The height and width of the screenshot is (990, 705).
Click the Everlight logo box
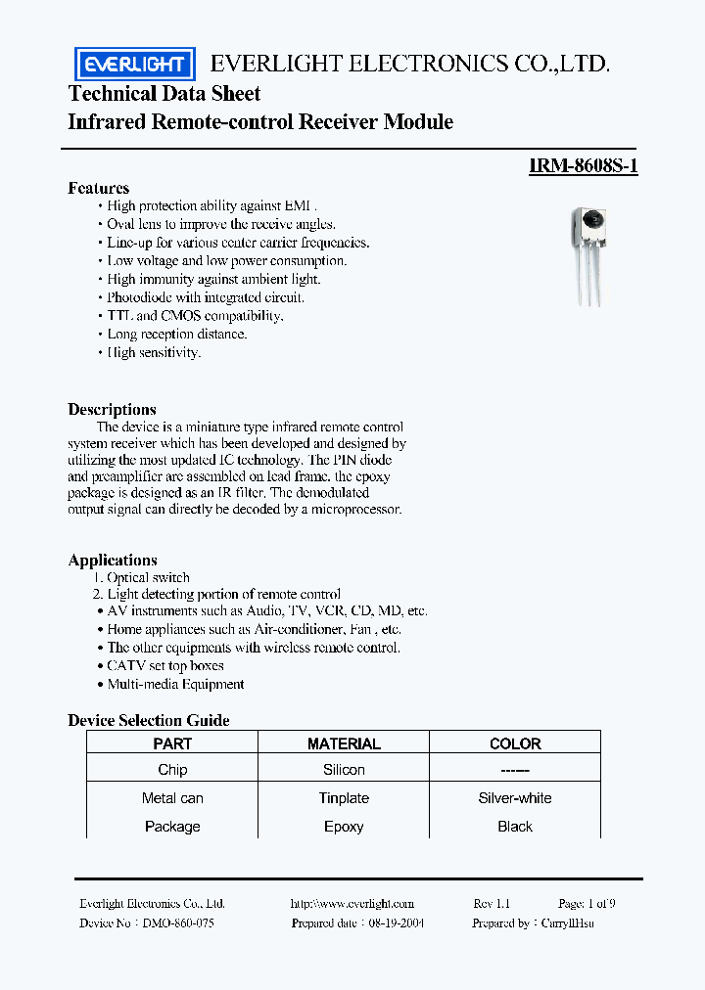coord(135,65)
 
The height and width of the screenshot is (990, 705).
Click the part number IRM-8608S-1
coord(584,166)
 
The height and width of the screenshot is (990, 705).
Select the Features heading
coord(98,188)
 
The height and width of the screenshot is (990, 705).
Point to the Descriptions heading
coord(112,410)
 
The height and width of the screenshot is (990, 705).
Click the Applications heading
coord(113,561)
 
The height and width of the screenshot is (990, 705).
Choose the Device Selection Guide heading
coord(149,721)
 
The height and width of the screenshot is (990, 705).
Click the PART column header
coord(172,744)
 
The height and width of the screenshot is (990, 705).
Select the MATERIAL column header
coord(344,744)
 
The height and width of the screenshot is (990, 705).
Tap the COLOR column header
coord(515,744)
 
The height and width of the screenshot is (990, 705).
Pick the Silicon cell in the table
coord(344,771)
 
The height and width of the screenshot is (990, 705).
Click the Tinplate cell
coord(344,798)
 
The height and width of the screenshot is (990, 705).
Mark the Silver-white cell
coord(515,798)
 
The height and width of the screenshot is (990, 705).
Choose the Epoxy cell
coord(344,827)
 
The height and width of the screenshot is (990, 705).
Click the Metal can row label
coord(172,798)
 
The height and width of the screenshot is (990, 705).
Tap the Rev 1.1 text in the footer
coord(492,904)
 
